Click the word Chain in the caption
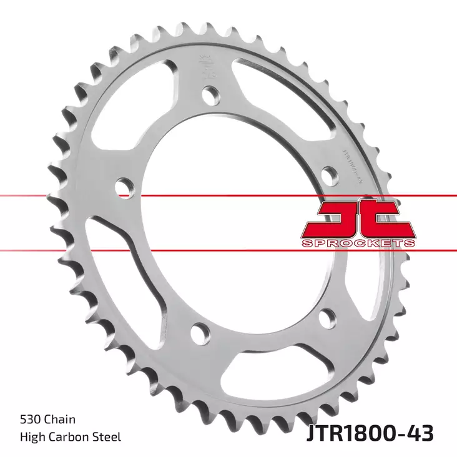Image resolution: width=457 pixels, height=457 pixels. coord(61,420)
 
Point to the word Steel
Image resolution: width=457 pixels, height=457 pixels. coord(107,437)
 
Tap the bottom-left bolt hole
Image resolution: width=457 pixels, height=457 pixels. coord(199,333)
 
